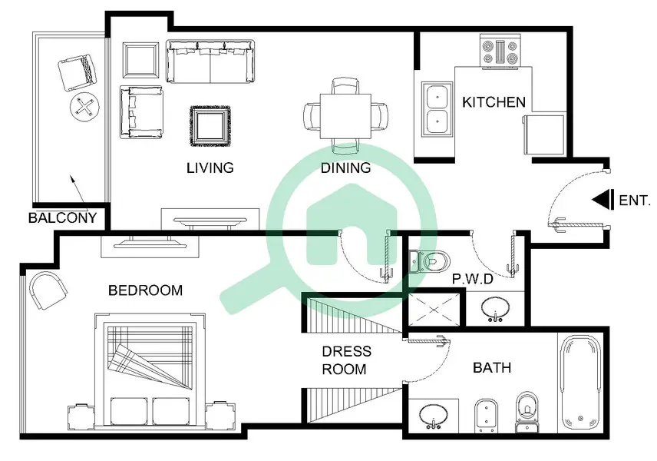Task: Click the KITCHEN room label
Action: coord(494,102)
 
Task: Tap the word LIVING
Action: coord(210,167)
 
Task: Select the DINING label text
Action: coord(345,167)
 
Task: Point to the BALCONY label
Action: coord(62,217)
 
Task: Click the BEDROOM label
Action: coord(145,290)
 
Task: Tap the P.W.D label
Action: coord(473,279)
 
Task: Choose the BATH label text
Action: coord(492,368)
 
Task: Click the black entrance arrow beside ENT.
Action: coord(603,200)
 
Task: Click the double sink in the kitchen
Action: coord(437,109)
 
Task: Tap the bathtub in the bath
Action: coord(580,382)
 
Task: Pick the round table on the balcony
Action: coord(84,107)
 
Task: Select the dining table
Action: coord(345,116)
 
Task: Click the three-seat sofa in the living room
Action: coord(210,61)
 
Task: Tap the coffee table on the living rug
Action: coord(210,126)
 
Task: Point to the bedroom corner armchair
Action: coord(48,290)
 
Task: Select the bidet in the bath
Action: coord(486,416)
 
